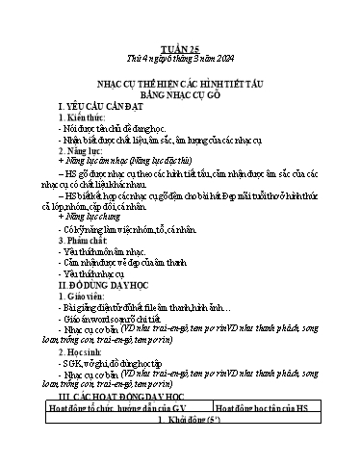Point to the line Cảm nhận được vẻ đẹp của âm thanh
click(134, 266)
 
